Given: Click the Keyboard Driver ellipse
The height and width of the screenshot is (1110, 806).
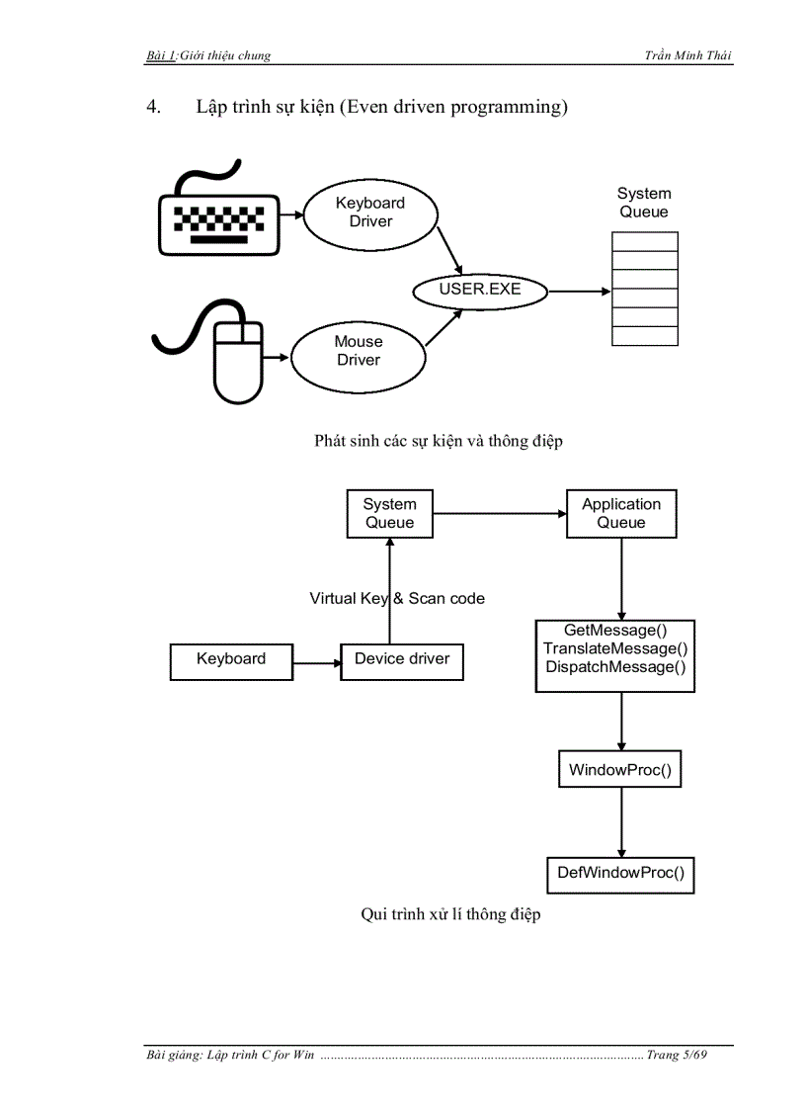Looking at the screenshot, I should click(370, 213).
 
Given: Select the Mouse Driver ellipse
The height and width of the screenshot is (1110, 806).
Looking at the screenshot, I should click(358, 351).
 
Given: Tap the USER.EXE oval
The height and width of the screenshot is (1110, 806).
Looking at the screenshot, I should click(480, 291).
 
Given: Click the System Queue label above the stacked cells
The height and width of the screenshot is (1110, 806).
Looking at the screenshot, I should click(644, 203).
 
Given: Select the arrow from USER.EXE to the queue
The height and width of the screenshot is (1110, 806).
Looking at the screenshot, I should click(579, 291).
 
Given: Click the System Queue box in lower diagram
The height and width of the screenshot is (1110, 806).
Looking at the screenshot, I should click(389, 514).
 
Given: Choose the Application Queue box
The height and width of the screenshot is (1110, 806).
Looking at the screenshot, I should click(621, 514).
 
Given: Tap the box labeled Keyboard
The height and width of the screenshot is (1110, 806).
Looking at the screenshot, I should click(231, 659).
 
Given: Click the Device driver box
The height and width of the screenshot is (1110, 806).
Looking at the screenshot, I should click(402, 659).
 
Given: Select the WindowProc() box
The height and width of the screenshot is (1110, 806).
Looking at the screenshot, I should click(620, 770).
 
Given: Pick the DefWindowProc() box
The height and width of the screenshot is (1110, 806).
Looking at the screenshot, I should click(620, 873).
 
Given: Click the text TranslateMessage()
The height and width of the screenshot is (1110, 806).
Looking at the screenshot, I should click(615, 648).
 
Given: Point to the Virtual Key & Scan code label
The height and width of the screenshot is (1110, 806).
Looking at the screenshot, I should click(397, 599).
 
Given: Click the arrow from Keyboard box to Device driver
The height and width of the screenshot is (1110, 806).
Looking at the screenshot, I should click(316, 660).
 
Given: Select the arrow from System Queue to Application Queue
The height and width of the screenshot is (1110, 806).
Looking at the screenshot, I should click(500, 514).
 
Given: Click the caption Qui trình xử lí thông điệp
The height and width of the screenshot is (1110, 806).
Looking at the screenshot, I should click(450, 915).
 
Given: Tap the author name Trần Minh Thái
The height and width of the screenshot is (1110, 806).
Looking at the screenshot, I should click(688, 55).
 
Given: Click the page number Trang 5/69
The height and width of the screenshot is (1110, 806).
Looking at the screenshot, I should click(678, 1056).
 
